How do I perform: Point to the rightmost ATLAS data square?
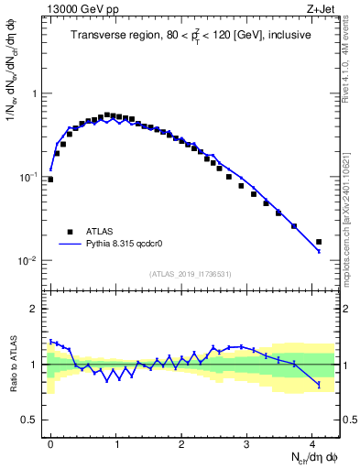[x=319, y=242]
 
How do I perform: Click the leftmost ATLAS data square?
[x=50, y=180]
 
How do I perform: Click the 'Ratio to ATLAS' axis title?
[x=12, y=364]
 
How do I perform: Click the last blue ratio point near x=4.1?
[x=319, y=385]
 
